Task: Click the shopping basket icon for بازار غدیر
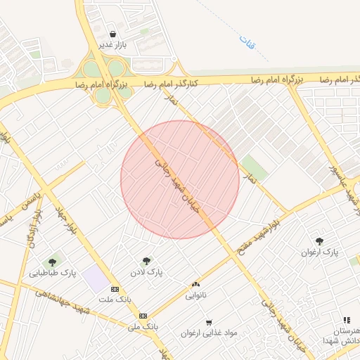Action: coord(112,34)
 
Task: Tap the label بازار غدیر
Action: coord(112,46)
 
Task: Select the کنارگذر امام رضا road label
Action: coord(172,84)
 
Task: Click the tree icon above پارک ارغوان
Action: coord(319,240)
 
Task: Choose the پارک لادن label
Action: coord(146,272)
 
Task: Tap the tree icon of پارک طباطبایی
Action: coord(53,262)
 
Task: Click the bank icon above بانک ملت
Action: coord(115,289)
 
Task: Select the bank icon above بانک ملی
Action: coord(143,316)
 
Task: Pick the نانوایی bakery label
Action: coord(195,295)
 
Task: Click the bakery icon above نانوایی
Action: coord(195,284)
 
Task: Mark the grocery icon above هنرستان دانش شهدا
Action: coord(346,320)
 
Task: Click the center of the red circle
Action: coord(180,179)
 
